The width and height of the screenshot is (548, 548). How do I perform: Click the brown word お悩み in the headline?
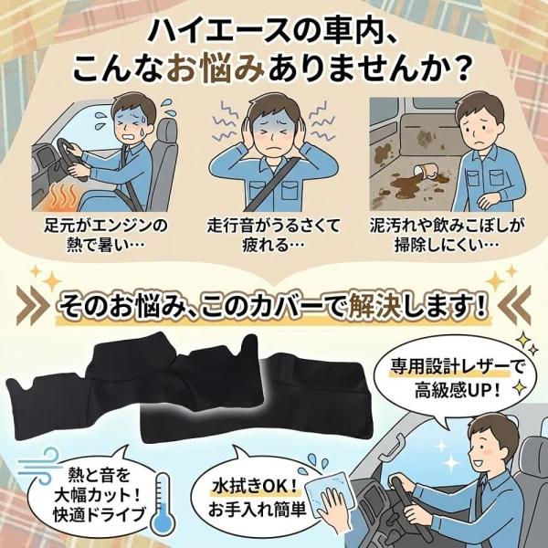click(x=216, y=68)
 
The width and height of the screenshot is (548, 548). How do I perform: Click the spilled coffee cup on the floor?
click(x=427, y=173)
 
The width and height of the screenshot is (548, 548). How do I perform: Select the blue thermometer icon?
click(x=163, y=503)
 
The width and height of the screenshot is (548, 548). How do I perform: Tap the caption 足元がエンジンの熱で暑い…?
click(x=105, y=235)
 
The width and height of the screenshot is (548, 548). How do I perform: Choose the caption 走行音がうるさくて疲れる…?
click(x=273, y=235)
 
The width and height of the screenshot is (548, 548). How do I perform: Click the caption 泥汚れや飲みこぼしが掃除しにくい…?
click(x=447, y=235)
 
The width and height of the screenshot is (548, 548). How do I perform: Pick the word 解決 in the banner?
click(x=374, y=306)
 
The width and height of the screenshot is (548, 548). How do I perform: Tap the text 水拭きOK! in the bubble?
click(x=255, y=486)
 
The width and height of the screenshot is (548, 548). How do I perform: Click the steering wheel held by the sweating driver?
click(x=72, y=159)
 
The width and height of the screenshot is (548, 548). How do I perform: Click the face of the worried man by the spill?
click(x=479, y=129)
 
